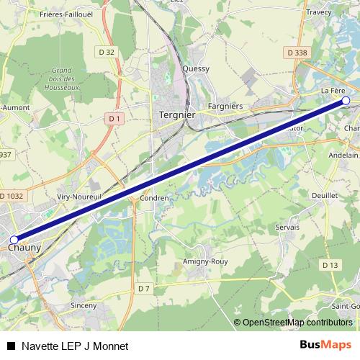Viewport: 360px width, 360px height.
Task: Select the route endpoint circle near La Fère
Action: (x=346, y=101)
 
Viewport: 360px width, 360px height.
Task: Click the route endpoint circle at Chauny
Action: (x=14, y=240)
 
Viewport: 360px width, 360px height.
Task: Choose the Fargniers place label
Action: (x=225, y=107)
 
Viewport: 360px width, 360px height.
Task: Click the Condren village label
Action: (x=154, y=198)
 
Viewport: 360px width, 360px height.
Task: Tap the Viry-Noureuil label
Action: (x=76, y=196)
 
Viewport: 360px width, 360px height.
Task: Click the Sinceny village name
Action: (x=84, y=305)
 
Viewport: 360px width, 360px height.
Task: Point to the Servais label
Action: (x=286, y=227)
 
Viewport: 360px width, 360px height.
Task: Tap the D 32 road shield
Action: (x=107, y=52)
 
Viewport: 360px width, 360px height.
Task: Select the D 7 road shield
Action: (x=144, y=289)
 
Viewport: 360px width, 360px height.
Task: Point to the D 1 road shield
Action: (x=114, y=117)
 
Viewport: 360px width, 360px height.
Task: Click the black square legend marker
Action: (x=10, y=346)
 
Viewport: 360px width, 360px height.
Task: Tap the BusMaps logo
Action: (x=325, y=345)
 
